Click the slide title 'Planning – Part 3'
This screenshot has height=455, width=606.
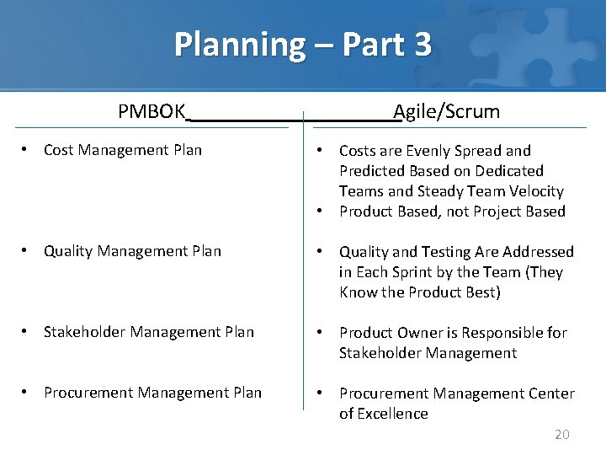point(302,44)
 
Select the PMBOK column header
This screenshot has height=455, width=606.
point(151,111)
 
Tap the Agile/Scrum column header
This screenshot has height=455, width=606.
point(446,111)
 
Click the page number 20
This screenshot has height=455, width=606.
point(561,435)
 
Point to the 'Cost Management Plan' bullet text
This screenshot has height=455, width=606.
point(123,150)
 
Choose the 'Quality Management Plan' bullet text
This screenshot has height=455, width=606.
point(132,251)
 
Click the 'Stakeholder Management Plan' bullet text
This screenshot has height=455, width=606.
point(148,332)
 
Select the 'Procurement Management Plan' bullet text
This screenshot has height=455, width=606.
point(152,393)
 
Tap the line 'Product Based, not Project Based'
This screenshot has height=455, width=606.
point(452,211)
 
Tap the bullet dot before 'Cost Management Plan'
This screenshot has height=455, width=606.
point(27,150)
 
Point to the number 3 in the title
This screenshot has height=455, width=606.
point(423,44)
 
